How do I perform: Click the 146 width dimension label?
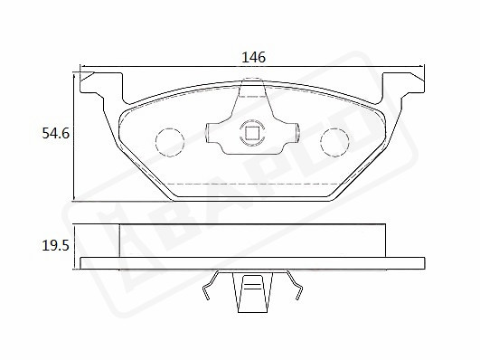click(x=253, y=57)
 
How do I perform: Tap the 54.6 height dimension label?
click(x=56, y=134)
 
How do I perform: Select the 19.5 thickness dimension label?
click(x=56, y=246)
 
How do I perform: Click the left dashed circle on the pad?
click(x=170, y=142)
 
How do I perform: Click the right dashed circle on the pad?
click(x=334, y=142)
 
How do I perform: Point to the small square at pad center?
click(x=252, y=133)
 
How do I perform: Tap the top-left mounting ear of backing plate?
click(x=101, y=88)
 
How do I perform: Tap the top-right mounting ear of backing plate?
click(x=403, y=88)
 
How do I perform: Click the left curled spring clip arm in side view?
click(x=211, y=285)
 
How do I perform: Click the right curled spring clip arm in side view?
click(x=294, y=285)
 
